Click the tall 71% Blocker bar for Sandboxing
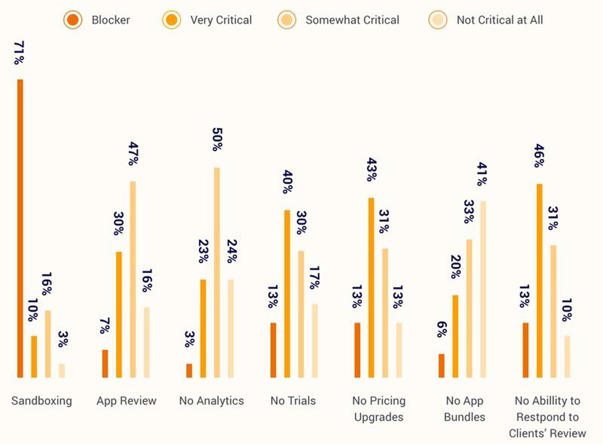(x=20, y=228)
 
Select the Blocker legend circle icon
(x=73, y=20)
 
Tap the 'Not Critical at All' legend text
(x=499, y=20)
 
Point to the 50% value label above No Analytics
(x=217, y=139)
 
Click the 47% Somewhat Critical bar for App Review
(x=133, y=279)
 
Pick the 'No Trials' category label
(x=293, y=401)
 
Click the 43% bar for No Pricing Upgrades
(x=371, y=287)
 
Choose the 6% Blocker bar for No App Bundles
(x=441, y=366)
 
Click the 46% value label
(x=539, y=156)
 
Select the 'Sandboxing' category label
(x=41, y=401)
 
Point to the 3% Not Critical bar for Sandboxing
(x=62, y=371)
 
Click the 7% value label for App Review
(x=105, y=326)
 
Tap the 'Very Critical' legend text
(x=221, y=20)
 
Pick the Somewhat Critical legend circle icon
(x=286, y=20)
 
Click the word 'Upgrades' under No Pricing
(x=378, y=417)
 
